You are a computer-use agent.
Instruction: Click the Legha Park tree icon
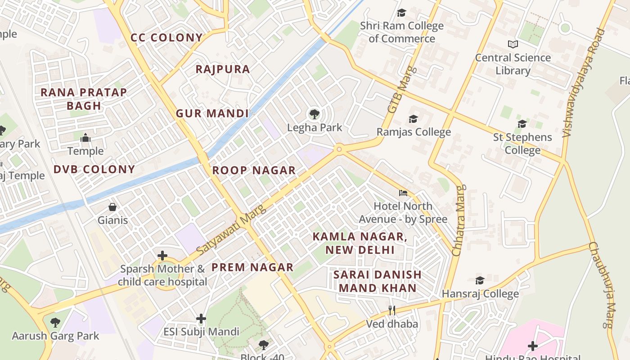pyautogui.click(x=315, y=114)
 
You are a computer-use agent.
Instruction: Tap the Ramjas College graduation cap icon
pyautogui.click(x=413, y=119)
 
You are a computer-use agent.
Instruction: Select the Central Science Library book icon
pyautogui.click(x=513, y=44)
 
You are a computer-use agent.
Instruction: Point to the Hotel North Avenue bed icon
pyautogui.click(x=403, y=193)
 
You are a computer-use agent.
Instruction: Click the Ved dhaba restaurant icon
pyautogui.click(x=392, y=310)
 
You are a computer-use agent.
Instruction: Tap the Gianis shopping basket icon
pyautogui.click(x=112, y=207)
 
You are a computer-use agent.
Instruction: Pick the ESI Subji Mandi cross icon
pyautogui.click(x=201, y=319)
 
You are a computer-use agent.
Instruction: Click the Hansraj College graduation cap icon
pyautogui.click(x=480, y=280)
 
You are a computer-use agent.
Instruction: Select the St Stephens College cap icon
pyautogui.click(x=522, y=124)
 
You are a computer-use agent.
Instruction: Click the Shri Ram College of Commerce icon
pyautogui.click(x=401, y=13)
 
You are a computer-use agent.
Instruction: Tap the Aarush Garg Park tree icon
pyautogui.click(x=55, y=322)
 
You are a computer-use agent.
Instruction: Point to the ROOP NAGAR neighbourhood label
pyautogui.click(x=254, y=171)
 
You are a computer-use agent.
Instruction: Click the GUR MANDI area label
pyautogui.click(x=212, y=113)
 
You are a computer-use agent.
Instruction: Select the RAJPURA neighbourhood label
pyautogui.click(x=223, y=69)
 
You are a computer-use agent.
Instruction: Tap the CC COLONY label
pyautogui.click(x=166, y=38)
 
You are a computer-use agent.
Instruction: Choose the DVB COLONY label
pyautogui.click(x=94, y=170)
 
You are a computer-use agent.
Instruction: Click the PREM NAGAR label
pyautogui.click(x=252, y=267)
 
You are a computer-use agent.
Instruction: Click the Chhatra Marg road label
pyautogui.click(x=458, y=221)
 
